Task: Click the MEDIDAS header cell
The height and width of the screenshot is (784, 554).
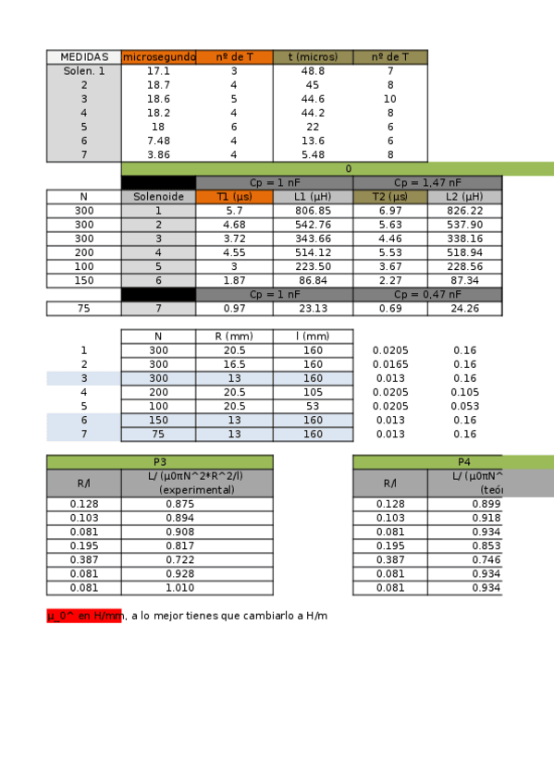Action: [x=84, y=57]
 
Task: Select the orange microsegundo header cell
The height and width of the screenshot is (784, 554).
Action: [x=158, y=57]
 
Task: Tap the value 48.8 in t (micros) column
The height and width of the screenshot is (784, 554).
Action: [x=313, y=71]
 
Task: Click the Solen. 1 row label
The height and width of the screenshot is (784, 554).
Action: [x=84, y=71]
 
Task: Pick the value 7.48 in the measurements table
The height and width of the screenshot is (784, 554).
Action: [x=158, y=141]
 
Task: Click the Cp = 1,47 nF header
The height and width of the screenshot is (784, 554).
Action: [x=427, y=183]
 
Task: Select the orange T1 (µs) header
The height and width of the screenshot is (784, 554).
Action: [x=234, y=197]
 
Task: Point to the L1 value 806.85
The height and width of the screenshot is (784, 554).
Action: [x=313, y=211]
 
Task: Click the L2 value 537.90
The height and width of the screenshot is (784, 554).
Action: [x=464, y=225]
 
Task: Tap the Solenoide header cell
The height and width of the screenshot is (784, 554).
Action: [x=158, y=197]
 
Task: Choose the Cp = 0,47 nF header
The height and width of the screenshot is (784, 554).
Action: [x=427, y=294]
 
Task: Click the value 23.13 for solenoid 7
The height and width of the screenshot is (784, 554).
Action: [x=313, y=309]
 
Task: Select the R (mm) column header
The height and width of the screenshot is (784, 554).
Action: [x=234, y=337]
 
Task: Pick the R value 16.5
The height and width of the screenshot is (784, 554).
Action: [x=234, y=364]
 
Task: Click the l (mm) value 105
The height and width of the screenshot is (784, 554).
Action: [x=313, y=392]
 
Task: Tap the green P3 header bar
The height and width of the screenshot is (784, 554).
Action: [x=160, y=462]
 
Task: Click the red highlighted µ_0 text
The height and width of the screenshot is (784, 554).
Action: [x=84, y=616]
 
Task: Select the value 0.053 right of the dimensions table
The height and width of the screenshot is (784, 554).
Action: [x=464, y=406]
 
